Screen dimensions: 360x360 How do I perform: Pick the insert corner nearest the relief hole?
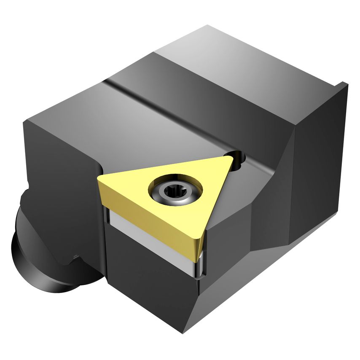230,159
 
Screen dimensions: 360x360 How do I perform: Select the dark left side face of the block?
59,177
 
